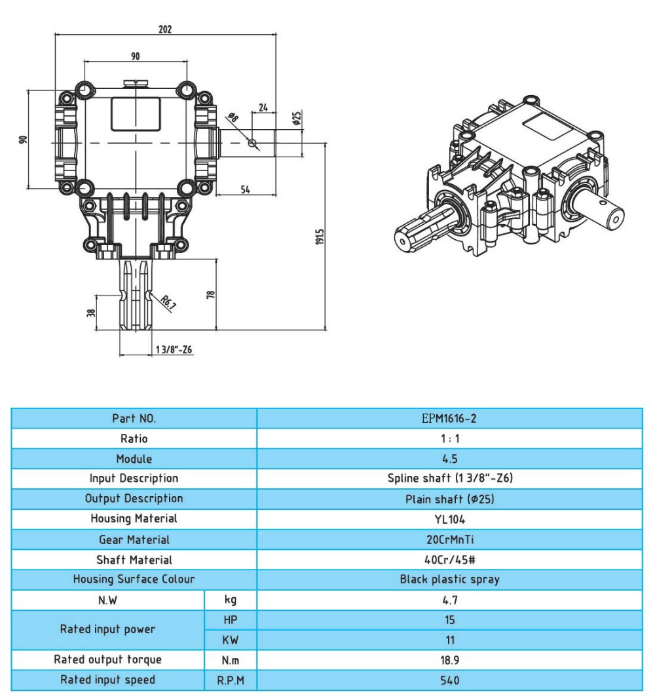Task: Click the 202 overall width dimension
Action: pyautogui.click(x=164, y=29)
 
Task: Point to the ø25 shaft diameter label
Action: pyautogui.click(x=296, y=119)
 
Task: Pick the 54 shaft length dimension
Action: pyautogui.click(x=246, y=189)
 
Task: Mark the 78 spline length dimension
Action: pyautogui.click(x=210, y=295)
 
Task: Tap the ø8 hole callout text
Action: pyautogui.click(x=232, y=118)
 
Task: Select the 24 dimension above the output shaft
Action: pyautogui.click(x=263, y=107)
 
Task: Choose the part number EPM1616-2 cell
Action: pyautogui.click(x=449, y=418)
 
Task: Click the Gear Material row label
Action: pyautogui.click(x=134, y=539)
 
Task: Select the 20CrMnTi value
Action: pyautogui.click(x=449, y=539)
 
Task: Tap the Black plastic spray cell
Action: pyautogui.click(x=449, y=579)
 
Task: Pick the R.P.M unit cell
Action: pyautogui.click(x=231, y=680)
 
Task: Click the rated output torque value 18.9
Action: pyautogui.click(x=449, y=660)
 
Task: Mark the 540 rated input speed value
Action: pyautogui.click(x=449, y=680)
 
